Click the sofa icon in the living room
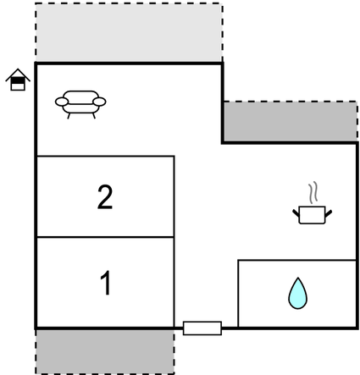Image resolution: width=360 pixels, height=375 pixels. click(x=80, y=104)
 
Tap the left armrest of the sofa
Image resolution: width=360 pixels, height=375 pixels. click(x=62, y=102)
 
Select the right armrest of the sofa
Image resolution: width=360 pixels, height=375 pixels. click(x=99, y=102)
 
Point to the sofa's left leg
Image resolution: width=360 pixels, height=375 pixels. click(x=69, y=116)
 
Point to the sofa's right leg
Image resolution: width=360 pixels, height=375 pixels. click(x=94, y=116)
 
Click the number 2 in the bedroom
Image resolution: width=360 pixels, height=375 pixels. click(x=105, y=197)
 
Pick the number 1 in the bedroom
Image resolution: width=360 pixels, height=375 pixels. click(x=106, y=283)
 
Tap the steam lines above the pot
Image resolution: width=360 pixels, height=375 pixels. click(x=313, y=193)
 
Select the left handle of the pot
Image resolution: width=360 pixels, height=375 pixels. click(x=296, y=213)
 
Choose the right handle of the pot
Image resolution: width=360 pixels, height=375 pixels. click(x=329, y=213)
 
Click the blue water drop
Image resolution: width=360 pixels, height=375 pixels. click(x=297, y=294)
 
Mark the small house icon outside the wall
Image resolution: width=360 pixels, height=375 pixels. click(x=18, y=80)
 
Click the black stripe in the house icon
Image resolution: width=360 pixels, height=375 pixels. click(x=18, y=80)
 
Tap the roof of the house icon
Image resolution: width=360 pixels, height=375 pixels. click(x=18, y=74)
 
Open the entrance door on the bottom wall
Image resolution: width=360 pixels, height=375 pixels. click(x=202, y=328)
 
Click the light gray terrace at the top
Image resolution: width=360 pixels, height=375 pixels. click(x=129, y=32)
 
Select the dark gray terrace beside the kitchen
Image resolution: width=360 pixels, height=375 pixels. click(x=291, y=122)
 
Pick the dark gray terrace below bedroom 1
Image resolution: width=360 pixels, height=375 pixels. click(x=105, y=351)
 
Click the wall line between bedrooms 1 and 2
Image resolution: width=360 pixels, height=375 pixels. click(x=105, y=237)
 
